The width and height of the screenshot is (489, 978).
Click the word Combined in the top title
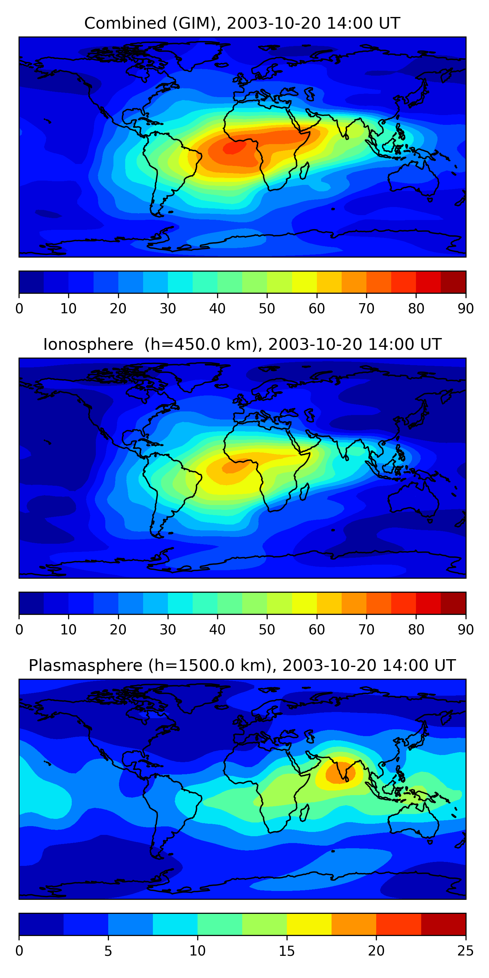coord(125,23)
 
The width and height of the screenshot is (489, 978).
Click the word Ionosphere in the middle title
coord(88,345)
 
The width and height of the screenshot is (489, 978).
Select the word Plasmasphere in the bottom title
coord(85,666)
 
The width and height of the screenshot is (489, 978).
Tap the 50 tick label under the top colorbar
coord(267,309)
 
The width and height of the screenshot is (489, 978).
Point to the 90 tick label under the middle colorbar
coord(466,630)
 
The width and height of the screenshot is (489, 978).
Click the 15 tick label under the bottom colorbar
coord(287,951)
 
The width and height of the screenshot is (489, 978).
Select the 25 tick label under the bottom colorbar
coord(465,951)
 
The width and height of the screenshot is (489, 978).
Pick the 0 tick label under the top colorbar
coord(19,309)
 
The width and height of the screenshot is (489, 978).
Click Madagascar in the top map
coord(304,171)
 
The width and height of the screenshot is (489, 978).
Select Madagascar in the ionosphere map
coord(304,492)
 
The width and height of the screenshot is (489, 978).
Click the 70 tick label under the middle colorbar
coord(366,630)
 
